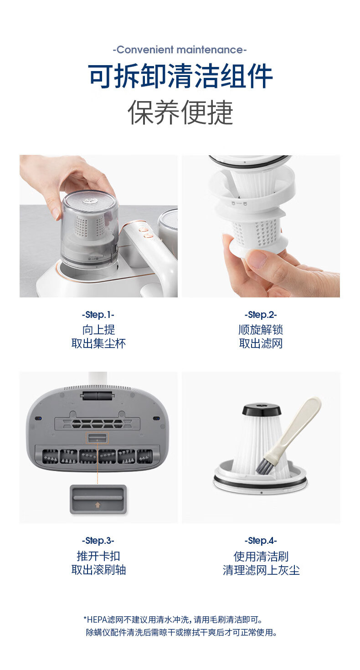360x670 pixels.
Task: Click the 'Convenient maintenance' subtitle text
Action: pos(180,50)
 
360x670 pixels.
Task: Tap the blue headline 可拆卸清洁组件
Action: pos(180,76)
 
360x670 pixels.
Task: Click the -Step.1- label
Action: pos(98,315)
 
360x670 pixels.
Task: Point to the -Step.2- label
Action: pos(261,315)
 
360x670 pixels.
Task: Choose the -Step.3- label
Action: pos(98,541)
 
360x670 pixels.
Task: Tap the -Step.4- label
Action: pos(261,541)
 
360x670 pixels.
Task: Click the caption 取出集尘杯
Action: pos(98,343)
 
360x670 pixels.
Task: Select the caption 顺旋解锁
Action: pos(261,330)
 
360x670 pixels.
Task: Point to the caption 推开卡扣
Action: pos(98,556)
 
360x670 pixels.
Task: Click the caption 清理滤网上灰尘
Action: pos(261,570)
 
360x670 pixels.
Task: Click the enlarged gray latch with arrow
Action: pos(98,499)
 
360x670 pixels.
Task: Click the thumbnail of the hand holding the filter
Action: pos(261,226)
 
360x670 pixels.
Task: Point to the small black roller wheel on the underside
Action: pos(98,397)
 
